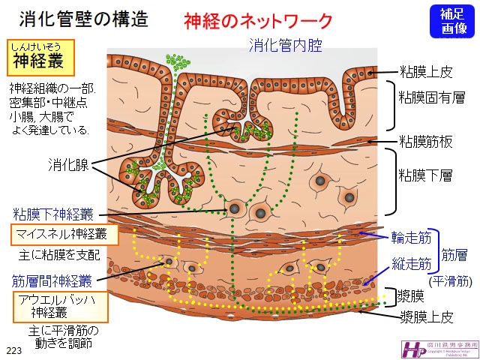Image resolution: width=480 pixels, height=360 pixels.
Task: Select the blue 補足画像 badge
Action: coord(452,20)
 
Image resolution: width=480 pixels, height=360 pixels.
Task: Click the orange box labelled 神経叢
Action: coord(41,56)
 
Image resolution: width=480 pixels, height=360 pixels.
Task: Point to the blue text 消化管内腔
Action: coord(285,46)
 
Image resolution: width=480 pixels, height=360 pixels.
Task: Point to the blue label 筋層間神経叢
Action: coord(52,281)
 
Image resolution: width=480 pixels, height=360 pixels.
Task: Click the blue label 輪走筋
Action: coord(412,238)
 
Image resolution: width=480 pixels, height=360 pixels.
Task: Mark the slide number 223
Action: coord(14,350)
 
